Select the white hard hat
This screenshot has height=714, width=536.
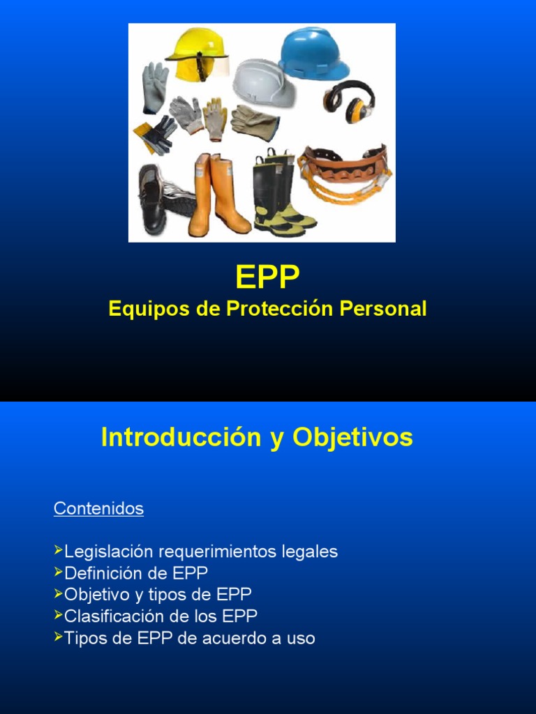point(263,82)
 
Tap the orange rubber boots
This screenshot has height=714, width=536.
point(217,195)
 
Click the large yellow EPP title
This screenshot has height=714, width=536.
point(267,278)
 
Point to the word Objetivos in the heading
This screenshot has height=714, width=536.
point(352,437)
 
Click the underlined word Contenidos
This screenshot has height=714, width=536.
point(98,508)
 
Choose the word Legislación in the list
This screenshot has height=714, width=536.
point(108,552)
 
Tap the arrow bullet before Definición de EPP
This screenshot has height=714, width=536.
point(58,572)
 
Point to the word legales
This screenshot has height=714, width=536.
point(310,552)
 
